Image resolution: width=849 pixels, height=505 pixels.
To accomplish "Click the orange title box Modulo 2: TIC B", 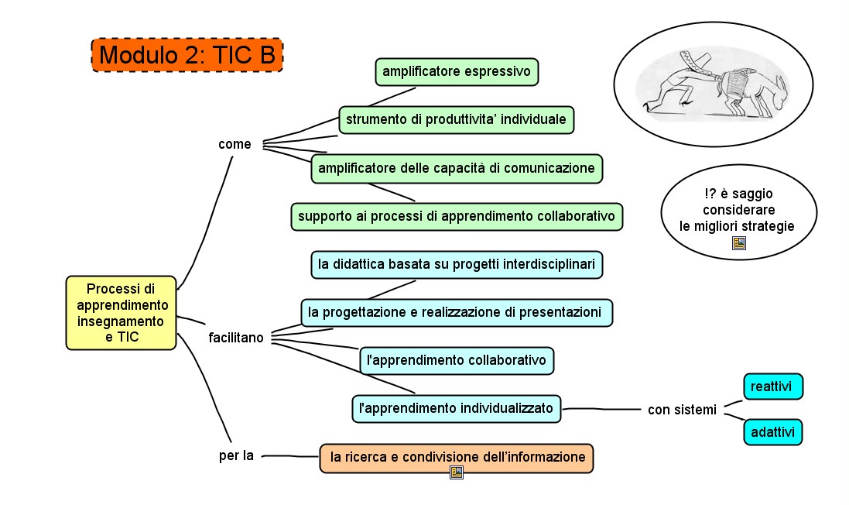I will pyautogui.click(x=187, y=55).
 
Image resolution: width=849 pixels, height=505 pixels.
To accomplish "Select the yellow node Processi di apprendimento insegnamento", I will pyautogui.click(x=122, y=312).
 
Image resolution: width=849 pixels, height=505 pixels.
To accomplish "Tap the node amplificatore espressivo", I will pyautogui.click(x=457, y=71).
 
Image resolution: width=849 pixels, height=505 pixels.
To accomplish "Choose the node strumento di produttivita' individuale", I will pyautogui.click(x=456, y=119).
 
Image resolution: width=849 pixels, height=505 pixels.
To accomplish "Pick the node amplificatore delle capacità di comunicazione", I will pyautogui.click(x=457, y=167).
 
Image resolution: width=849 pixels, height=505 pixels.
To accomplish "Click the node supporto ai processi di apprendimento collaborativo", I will pyautogui.click(x=457, y=216).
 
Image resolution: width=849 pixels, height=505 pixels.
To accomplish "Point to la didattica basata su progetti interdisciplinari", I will pyautogui.click(x=457, y=264).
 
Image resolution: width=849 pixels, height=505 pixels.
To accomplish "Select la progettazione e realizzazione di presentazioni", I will pyautogui.click(x=456, y=312).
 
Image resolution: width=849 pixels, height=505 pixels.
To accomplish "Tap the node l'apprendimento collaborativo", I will pyautogui.click(x=457, y=360).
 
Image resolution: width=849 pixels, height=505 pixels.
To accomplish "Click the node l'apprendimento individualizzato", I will pyautogui.click(x=456, y=407).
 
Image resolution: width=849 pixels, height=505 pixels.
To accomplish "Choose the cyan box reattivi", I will pyautogui.click(x=772, y=386).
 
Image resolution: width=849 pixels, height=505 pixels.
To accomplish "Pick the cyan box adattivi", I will pyautogui.click(x=772, y=431).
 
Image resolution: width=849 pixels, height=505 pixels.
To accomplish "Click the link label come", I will pyautogui.click(x=235, y=144).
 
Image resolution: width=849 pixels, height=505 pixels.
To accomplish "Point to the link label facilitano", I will pyautogui.click(x=236, y=338).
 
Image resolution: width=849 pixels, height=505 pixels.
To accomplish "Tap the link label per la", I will pyautogui.click(x=236, y=455).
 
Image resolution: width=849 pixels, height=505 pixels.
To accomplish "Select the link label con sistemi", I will pyautogui.click(x=682, y=409).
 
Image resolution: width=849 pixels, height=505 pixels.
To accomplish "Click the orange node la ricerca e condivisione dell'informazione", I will pyautogui.click(x=457, y=458).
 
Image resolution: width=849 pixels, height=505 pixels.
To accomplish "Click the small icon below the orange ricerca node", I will pyautogui.click(x=457, y=472).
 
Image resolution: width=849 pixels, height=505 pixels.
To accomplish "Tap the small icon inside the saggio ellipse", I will pyautogui.click(x=738, y=242).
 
